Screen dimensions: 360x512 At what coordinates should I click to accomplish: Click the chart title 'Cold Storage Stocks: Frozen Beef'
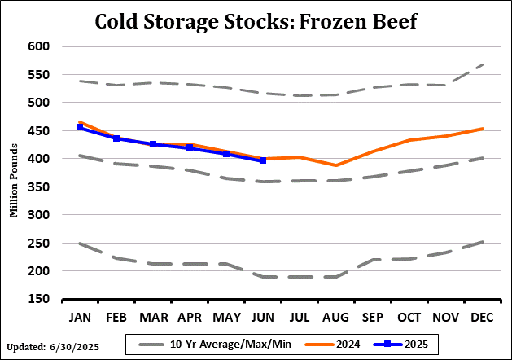[x=256, y=20]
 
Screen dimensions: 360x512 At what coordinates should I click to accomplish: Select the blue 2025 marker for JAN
[x=80, y=127]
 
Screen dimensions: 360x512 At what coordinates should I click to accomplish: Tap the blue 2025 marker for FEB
[x=116, y=138]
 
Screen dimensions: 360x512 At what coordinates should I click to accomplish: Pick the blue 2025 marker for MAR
[x=153, y=144]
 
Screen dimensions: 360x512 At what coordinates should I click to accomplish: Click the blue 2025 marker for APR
[x=190, y=147]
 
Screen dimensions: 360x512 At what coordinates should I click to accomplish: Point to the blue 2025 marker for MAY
[x=226, y=153]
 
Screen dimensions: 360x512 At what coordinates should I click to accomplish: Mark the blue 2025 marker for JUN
[x=263, y=160]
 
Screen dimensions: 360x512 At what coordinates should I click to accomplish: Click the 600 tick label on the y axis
[x=41, y=46]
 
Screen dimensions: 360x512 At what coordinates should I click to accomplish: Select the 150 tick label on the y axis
[x=41, y=299]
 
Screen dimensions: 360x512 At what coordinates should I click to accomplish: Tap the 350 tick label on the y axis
[x=41, y=187]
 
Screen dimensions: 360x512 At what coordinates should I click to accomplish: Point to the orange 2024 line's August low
[x=336, y=165]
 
